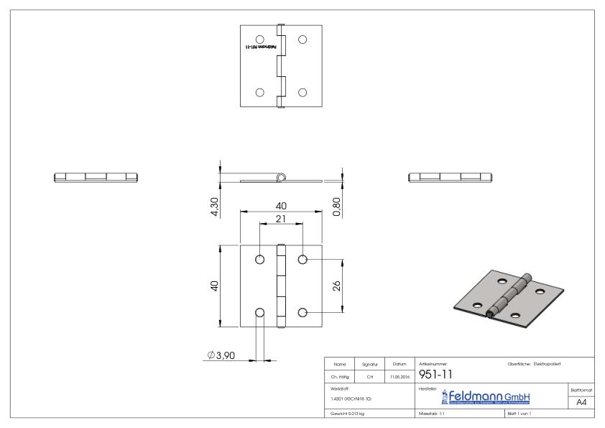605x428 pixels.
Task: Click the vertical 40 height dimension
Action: point(214,286)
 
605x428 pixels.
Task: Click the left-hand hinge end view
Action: point(95,176)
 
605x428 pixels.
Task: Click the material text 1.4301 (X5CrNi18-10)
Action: point(352,399)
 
